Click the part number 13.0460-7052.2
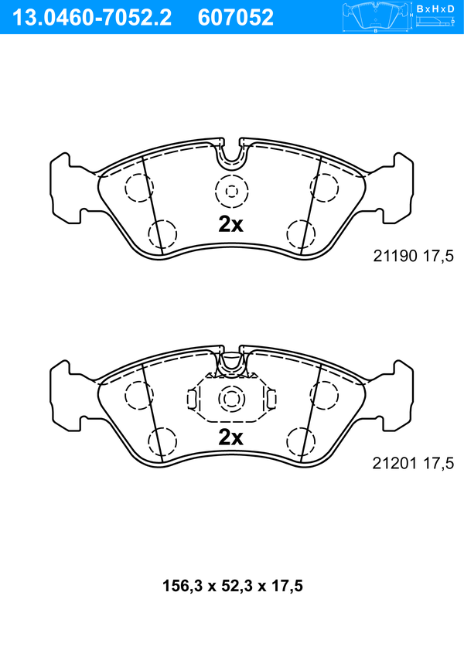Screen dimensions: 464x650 (92, 18)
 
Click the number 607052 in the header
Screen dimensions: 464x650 (236, 18)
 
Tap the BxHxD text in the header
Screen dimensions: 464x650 (435, 9)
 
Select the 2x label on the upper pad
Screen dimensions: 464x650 (230, 224)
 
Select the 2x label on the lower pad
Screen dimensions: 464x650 (230, 437)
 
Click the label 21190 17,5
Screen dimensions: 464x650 (414, 257)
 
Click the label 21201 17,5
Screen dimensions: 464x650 (414, 463)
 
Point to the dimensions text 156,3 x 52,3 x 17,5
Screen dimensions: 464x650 (233, 586)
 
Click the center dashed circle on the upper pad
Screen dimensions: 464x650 (232, 192)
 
